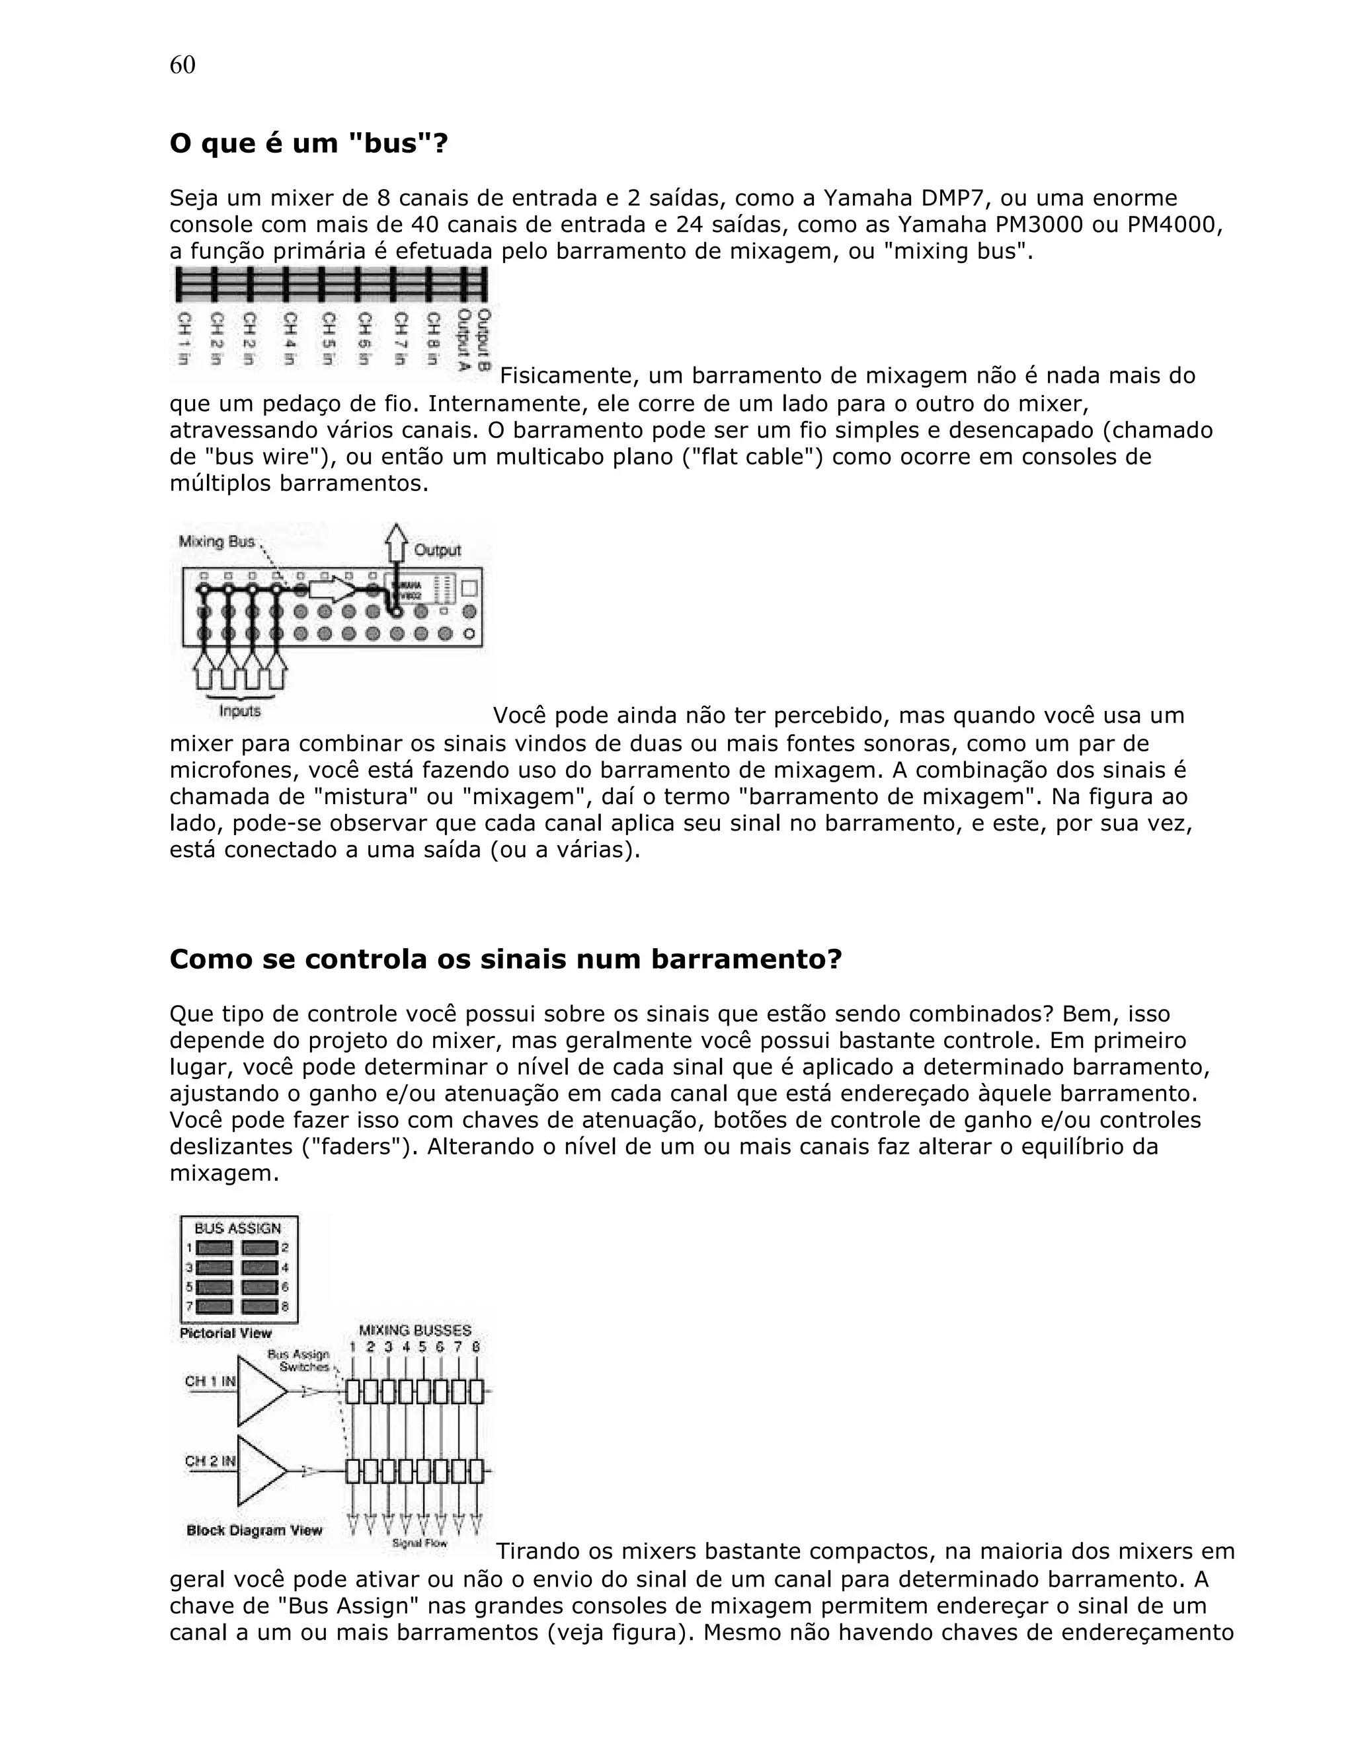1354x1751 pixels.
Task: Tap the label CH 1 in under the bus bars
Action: [x=184, y=338]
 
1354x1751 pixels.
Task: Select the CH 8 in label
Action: [x=432, y=338]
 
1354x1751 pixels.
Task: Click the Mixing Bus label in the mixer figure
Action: [x=216, y=542]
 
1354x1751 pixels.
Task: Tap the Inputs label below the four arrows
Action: [x=240, y=711]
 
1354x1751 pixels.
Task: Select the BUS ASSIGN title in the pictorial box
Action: [x=238, y=1228]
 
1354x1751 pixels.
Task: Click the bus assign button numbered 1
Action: [x=214, y=1248]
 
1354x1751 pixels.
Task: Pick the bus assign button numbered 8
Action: [x=259, y=1307]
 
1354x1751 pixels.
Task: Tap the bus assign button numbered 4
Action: [x=259, y=1267]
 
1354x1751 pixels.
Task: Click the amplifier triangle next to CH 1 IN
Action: [x=259, y=1391]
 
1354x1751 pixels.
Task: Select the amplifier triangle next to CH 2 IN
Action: [x=259, y=1472]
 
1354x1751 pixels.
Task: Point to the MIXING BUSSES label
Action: [x=415, y=1331]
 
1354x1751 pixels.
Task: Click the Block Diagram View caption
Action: [x=255, y=1530]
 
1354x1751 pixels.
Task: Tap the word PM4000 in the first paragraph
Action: [x=1174, y=225]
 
